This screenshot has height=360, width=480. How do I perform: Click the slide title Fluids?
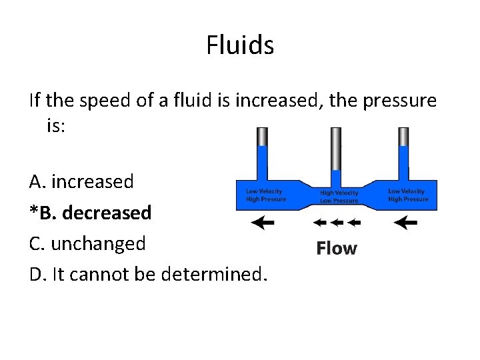pyautogui.click(x=240, y=46)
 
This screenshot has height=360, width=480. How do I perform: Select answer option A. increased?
pyautogui.click(x=81, y=181)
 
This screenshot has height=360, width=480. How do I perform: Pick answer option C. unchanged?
pyautogui.click(x=87, y=243)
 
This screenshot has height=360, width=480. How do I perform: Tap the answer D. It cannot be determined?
pyautogui.click(x=147, y=274)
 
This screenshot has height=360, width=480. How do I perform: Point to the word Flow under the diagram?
pyautogui.click(x=337, y=249)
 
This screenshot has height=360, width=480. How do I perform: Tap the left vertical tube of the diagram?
pyautogui.click(x=262, y=153)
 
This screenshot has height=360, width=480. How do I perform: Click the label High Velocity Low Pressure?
pyautogui.click(x=339, y=197)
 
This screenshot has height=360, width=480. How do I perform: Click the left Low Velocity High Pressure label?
pyautogui.click(x=265, y=195)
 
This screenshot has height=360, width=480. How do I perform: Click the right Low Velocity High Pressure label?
pyautogui.click(x=408, y=195)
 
